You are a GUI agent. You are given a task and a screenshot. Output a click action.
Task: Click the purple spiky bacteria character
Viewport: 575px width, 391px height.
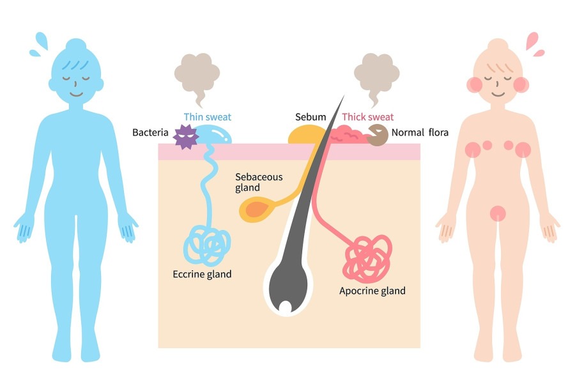point(186,137)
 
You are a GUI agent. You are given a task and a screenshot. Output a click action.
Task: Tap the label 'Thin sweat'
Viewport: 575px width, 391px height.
point(208,117)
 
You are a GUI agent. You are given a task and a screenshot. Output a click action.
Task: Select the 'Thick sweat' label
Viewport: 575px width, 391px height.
point(368,117)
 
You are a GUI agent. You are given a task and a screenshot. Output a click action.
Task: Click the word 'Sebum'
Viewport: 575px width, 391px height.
point(310,117)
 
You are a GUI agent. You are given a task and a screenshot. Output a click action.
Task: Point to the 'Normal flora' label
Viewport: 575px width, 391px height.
point(420,132)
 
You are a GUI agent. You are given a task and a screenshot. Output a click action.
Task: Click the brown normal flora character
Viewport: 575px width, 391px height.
point(378,135)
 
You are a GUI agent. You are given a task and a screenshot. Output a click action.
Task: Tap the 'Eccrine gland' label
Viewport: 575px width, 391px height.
point(202,274)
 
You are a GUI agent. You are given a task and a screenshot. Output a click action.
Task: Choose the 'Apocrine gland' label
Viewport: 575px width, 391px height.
point(372,291)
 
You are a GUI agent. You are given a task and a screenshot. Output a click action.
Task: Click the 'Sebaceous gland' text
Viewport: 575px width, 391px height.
point(259,182)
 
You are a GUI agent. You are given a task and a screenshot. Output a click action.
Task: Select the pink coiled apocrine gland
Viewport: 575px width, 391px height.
point(367,259)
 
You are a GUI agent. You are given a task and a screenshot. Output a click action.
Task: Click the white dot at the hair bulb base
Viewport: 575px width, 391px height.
point(286,307)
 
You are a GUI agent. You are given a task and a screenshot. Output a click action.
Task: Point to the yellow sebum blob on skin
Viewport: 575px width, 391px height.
point(305,135)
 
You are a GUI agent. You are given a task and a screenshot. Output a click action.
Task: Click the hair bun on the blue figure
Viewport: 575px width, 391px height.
point(76,44)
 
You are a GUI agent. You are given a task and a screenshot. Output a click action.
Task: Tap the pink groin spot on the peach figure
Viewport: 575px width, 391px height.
point(498,213)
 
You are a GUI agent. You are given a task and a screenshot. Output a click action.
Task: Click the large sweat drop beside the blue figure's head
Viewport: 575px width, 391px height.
point(42,40)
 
